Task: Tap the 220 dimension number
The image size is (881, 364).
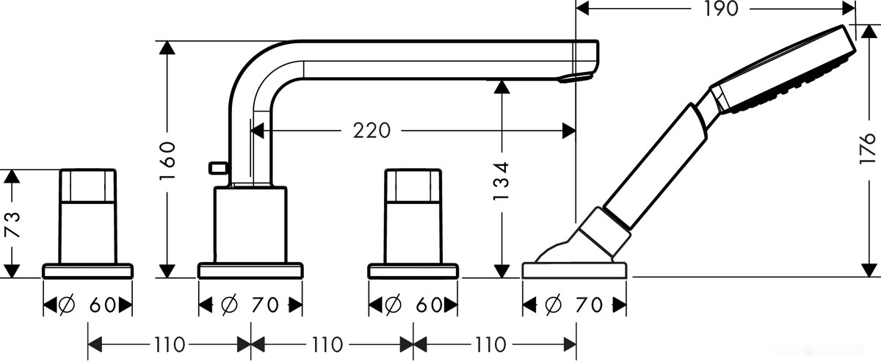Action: point(371,131)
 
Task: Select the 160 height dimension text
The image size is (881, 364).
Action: point(167,161)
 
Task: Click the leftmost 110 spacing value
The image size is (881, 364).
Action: point(170,343)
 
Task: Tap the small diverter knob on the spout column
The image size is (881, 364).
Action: point(217,168)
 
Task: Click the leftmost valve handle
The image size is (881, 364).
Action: point(88,216)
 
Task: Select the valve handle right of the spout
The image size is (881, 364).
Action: point(413,216)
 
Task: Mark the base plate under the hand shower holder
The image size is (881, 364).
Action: point(574,269)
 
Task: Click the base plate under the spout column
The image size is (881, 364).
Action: point(250,270)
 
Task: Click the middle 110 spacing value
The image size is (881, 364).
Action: point(332,343)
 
